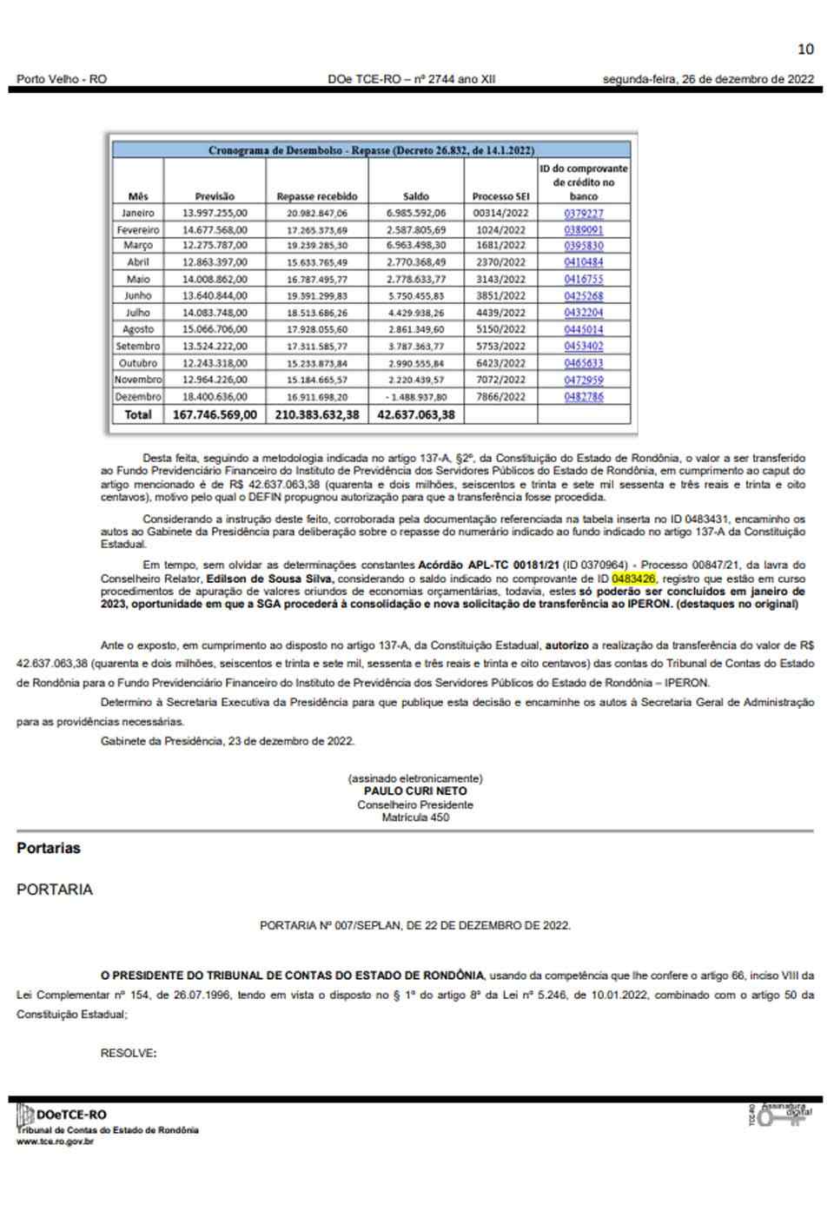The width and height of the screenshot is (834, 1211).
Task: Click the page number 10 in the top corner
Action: [805, 49]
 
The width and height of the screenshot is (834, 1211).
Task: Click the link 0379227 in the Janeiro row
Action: [583, 213]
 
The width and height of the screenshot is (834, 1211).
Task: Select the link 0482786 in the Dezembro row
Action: [583, 397]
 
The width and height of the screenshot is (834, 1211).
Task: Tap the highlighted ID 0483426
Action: [634, 579]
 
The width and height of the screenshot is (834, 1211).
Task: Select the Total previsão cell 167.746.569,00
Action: [215, 415]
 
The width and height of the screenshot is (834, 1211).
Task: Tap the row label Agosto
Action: [138, 330]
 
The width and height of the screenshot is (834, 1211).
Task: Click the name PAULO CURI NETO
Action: [415, 791]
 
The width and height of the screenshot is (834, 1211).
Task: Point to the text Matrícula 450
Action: [415, 817]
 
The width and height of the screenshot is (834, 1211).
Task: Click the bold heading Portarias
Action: [49, 849]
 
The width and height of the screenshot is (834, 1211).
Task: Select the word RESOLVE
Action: [128, 1054]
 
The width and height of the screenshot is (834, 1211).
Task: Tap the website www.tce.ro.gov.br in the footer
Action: [55, 1142]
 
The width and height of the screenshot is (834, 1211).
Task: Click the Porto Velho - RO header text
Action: [62, 79]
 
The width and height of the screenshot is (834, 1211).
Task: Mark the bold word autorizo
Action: [566, 646]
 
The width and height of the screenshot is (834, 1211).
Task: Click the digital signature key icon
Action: [778, 1115]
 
